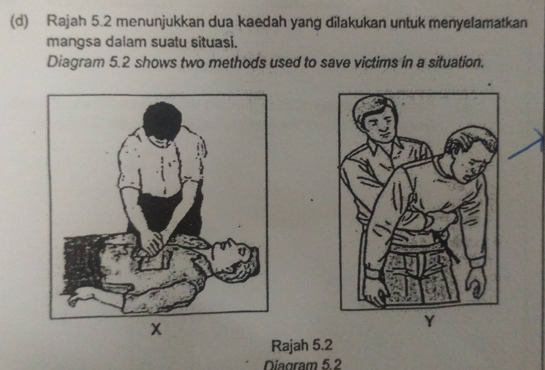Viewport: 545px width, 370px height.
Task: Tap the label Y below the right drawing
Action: (x=430, y=321)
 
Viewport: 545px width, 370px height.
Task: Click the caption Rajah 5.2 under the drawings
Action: (x=302, y=346)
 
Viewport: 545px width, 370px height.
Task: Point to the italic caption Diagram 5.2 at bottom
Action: (x=303, y=365)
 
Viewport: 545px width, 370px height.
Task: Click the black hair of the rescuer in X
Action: (x=162, y=120)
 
